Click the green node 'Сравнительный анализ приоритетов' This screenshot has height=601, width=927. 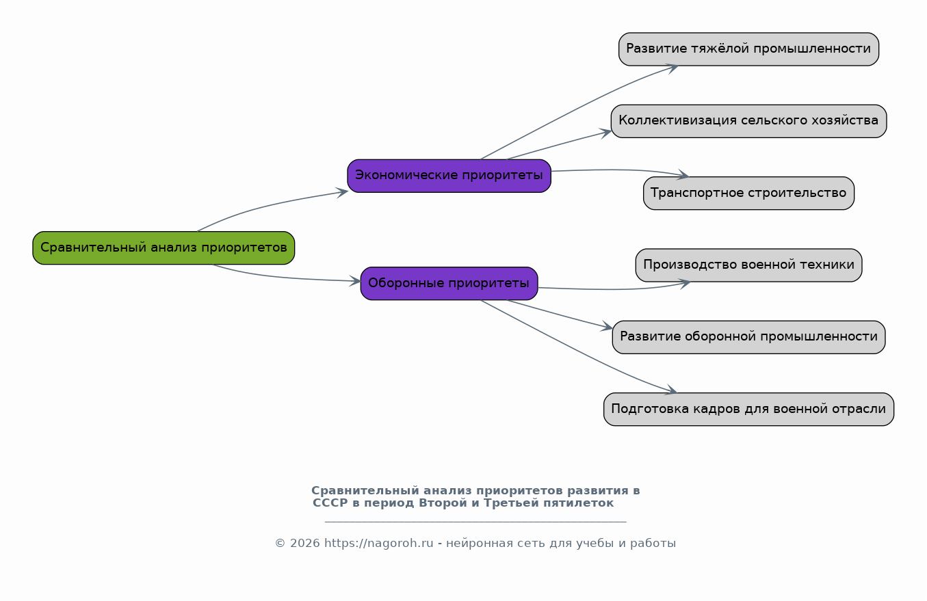(164, 248)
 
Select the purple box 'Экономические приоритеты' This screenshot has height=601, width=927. (449, 176)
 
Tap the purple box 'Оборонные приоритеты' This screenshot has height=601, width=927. (449, 283)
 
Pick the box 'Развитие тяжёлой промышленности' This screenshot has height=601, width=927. (748, 49)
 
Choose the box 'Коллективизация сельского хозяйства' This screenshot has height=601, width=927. (748, 121)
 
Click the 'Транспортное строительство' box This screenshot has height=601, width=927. (748, 193)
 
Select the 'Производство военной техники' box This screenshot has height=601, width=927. (748, 265)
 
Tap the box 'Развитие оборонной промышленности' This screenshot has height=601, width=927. (748, 337)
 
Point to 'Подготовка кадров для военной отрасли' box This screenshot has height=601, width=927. (748, 409)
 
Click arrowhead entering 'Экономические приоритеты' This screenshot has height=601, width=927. (343, 192)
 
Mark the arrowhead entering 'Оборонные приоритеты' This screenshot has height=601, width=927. (356, 281)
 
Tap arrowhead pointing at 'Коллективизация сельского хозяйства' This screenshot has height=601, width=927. (607, 133)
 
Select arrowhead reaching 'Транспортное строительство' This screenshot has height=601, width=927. (683, 176)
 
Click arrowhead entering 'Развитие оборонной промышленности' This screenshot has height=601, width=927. (608, 327)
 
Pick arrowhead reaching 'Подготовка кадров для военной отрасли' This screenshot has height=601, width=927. (671, 390)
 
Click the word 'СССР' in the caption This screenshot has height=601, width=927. (330, 503)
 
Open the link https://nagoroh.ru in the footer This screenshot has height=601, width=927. (378, 544)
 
